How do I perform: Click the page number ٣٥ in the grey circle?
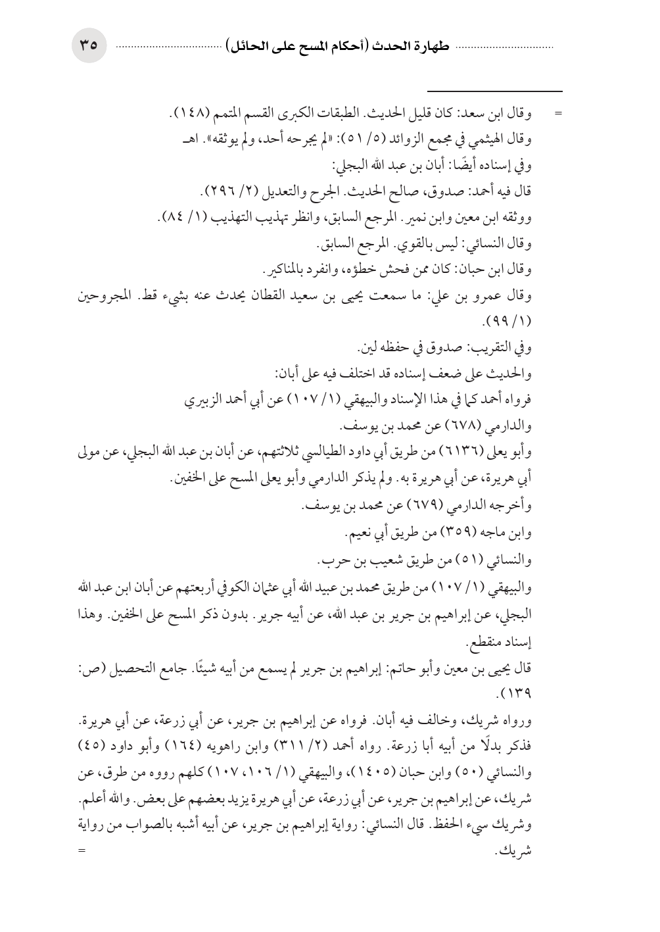[89, 46]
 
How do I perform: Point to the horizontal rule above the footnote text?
[494, 91]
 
